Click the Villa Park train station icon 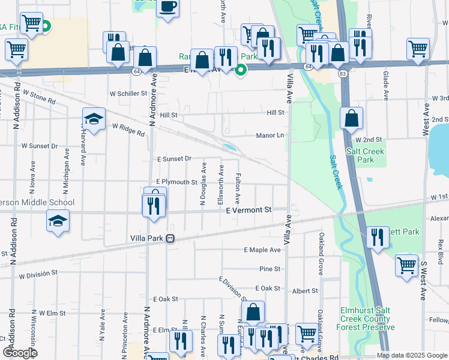(x=170, y=238)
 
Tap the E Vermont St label (x=249, y=210)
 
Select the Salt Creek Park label (x=360, y=156)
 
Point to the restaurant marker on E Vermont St (x=151, y=207)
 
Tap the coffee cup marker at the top (x=168, y=7)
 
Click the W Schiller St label (x=128, y=94)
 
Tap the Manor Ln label (x=270, y=136)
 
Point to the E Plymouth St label (x=176, y=182)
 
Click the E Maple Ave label (x=262, y=250)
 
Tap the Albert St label (x=305, y=291)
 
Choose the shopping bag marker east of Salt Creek (x=351, y=119)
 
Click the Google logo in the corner (x=19, y=353)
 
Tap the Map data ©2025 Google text (x=412, y=355)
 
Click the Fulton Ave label (x=238, y=187)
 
